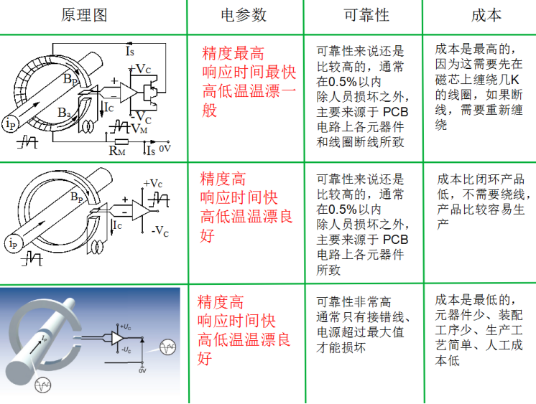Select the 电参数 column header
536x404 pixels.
pyautogui.click(x=244, y=16)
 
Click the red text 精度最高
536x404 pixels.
pyautogui.click(x=234, y=53)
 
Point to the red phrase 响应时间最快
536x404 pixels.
pyautogui.click(x=249, y=72)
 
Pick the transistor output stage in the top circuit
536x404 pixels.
pyautogui.click(x=150, y=92)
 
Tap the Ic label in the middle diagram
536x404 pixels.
pyautogui.click(x=119, y=225)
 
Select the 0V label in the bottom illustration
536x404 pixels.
pyautogui.click(x=142, y=371)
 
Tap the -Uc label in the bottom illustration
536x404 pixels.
pyautogui.click(x=126, y=350)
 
